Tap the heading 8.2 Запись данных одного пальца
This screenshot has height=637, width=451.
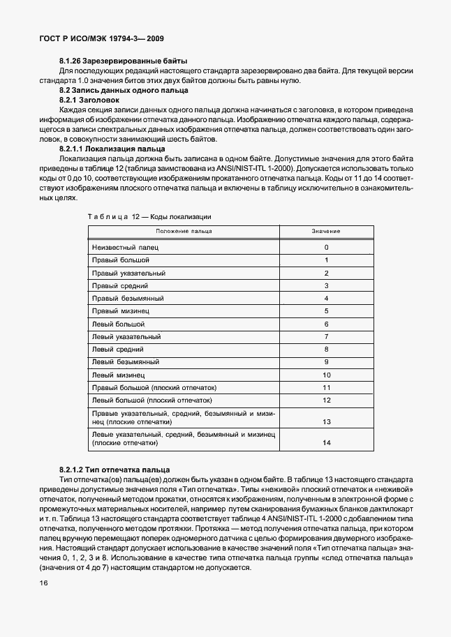tap(123, 91)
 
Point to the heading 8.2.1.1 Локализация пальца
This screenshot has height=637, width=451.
tap(112, 149)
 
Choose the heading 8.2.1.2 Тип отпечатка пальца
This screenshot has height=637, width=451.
tap(114, 470)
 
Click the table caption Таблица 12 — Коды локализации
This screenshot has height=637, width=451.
tap(149, 217)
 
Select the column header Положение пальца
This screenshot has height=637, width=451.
tap(184, 231)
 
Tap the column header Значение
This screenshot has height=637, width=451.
tap(326, 231)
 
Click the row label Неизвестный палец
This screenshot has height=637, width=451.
tap(125, 247)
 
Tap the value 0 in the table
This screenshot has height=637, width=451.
tap(326, 247)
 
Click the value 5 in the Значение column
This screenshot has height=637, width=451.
tap(326, 310)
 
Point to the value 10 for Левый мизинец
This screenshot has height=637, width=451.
tap(326, 375)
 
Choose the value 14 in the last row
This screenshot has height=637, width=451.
tap(326, 443)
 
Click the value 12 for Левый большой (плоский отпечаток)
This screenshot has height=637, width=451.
tap(326, 400)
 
